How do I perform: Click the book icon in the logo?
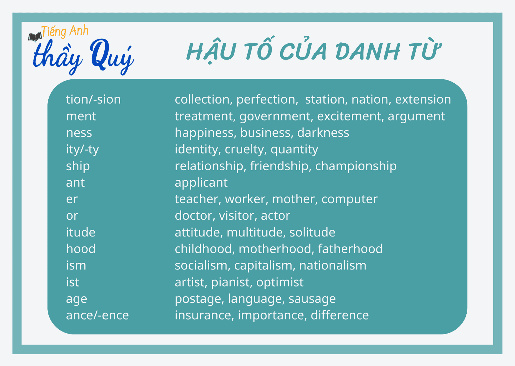(35, 37)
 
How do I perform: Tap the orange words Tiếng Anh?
(65, 31)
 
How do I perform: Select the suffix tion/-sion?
(93, 99)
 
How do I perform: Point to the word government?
(275, 116)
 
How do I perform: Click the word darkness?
(323, 133)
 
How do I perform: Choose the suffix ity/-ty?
(82, 149)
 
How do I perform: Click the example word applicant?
(201, 183)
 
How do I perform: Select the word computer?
(349, 199)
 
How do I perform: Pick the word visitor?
(236, 216)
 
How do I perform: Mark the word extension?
(423, 99)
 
